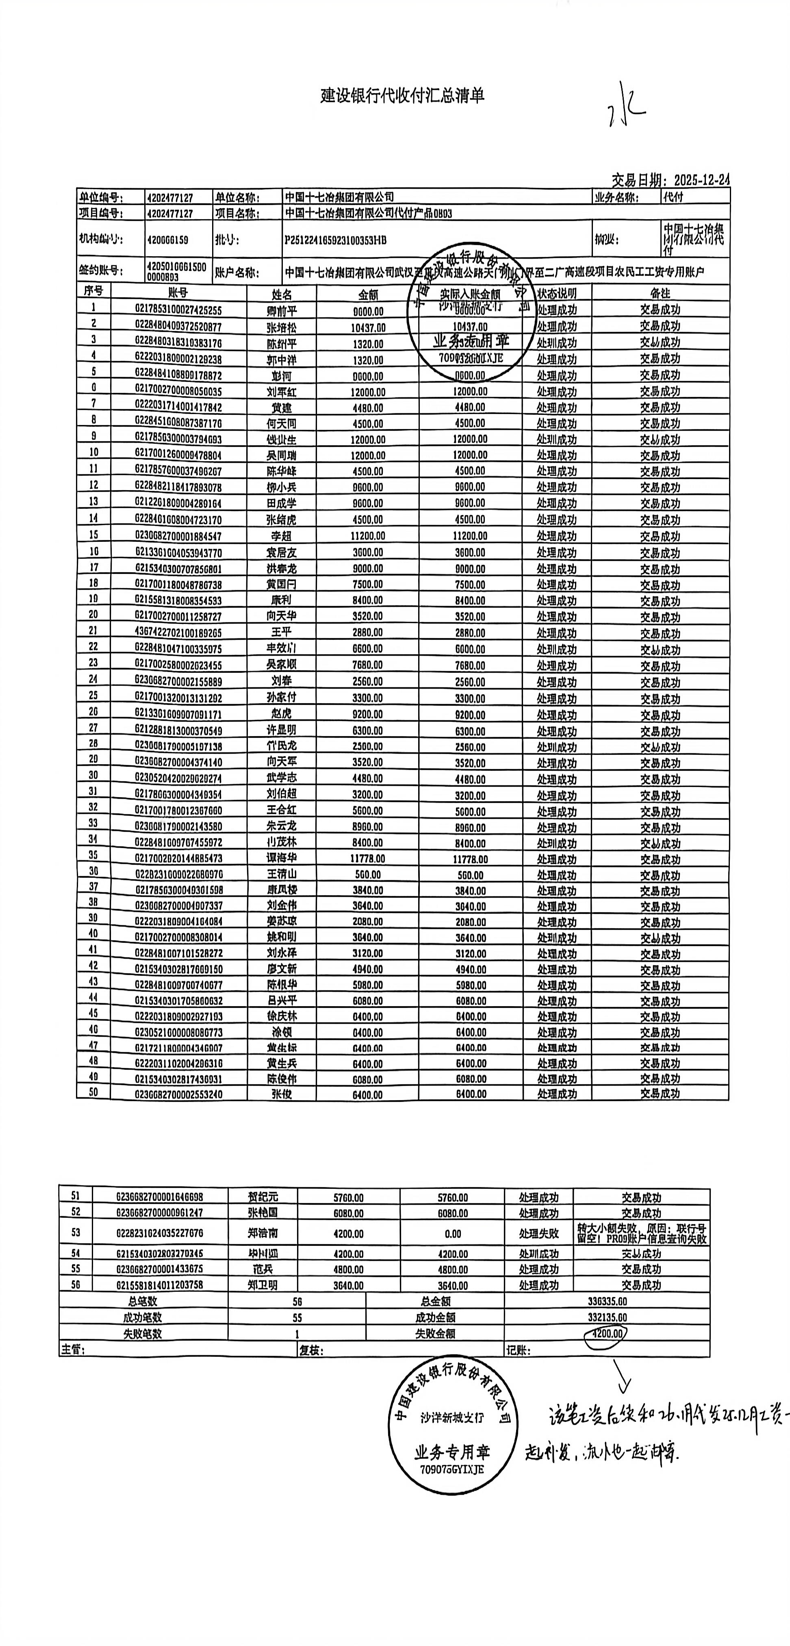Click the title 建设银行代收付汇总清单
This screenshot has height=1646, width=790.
(402, 96)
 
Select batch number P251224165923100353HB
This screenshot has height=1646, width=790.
(335, 240)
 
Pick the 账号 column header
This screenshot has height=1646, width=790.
(178, 293)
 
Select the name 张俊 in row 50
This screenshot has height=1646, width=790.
(282, 1093)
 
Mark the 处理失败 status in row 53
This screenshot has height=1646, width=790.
(538, 1233)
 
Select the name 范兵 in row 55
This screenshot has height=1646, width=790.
(263, 1269)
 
